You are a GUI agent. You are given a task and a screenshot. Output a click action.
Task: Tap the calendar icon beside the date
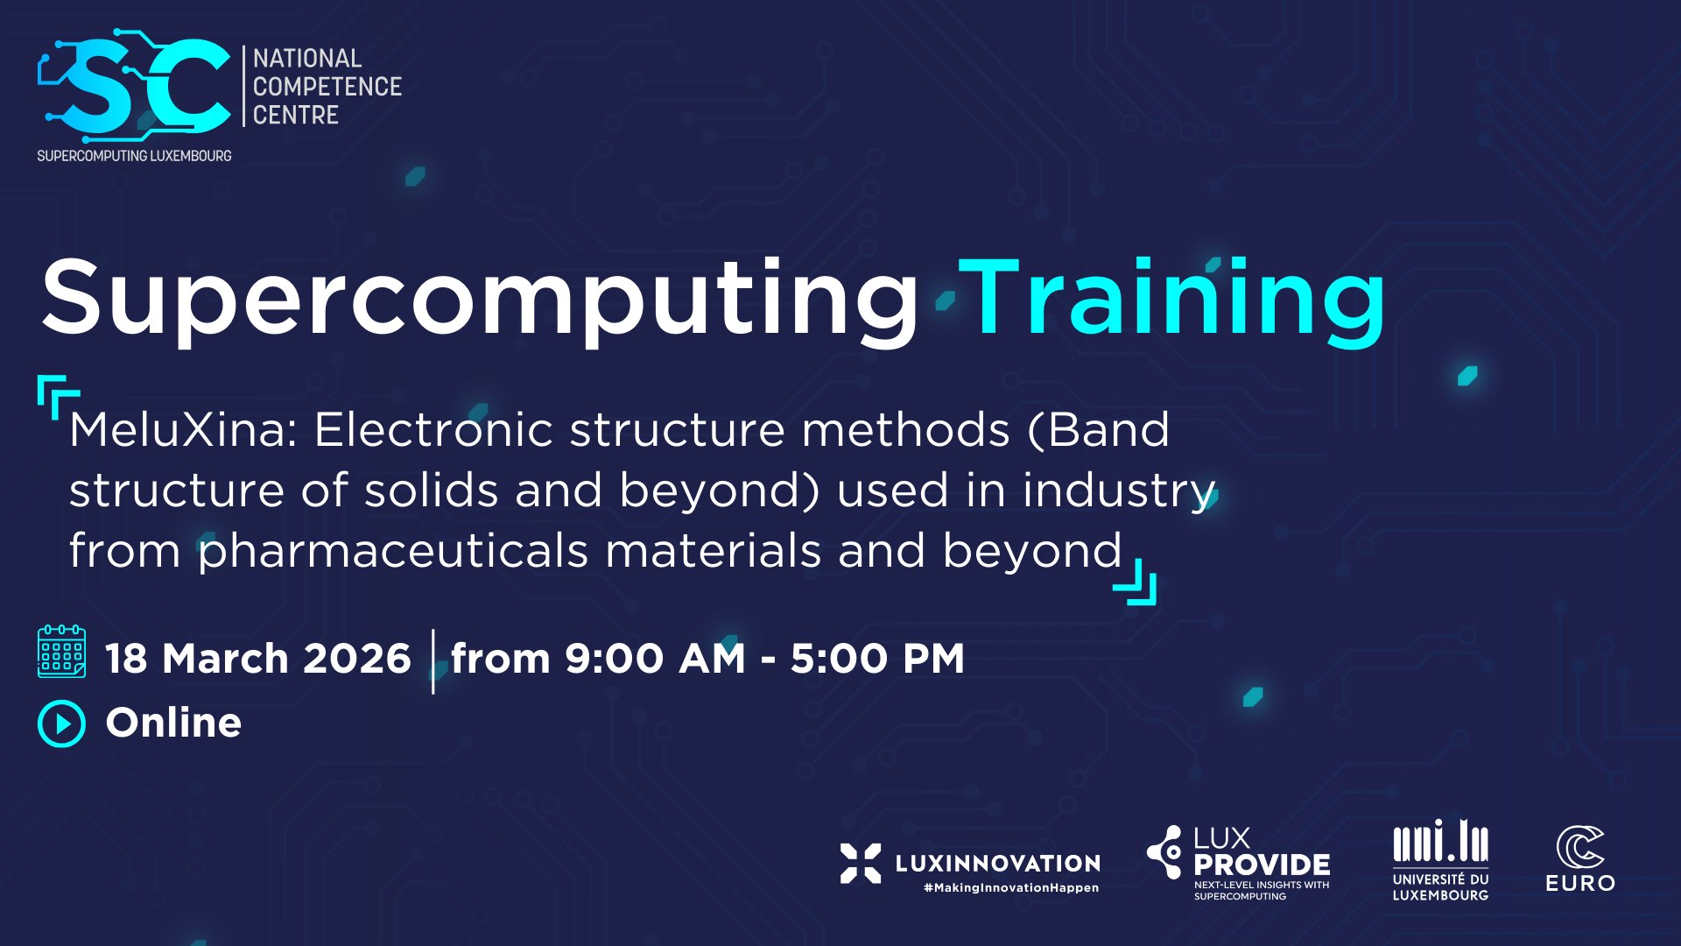pos(61,652)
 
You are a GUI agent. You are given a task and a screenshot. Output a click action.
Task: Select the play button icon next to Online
pos(61,724)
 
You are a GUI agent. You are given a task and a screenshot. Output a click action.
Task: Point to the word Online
pos(173,723)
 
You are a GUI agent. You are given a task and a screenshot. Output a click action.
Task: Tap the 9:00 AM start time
pos(655,659)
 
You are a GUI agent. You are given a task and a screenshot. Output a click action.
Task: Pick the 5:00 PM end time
pos(877,659)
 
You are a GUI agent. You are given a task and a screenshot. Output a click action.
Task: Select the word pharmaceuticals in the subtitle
pos(393,552)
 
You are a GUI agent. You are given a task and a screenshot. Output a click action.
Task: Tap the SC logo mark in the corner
pos(134,86)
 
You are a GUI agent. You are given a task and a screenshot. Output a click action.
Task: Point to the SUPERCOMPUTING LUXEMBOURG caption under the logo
pos(134,156)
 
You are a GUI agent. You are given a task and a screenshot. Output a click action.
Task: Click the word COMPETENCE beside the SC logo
pos(327,87)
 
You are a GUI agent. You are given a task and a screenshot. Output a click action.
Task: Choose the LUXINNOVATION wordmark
pos(998,864)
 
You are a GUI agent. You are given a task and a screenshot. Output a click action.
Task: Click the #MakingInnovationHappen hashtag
pos(1011,888)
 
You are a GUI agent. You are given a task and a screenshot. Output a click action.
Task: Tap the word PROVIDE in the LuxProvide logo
pos(1262,865)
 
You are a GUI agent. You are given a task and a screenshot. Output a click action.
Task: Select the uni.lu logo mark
pos(1441,841)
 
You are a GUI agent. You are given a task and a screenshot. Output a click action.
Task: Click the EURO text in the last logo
pos(1580,883)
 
